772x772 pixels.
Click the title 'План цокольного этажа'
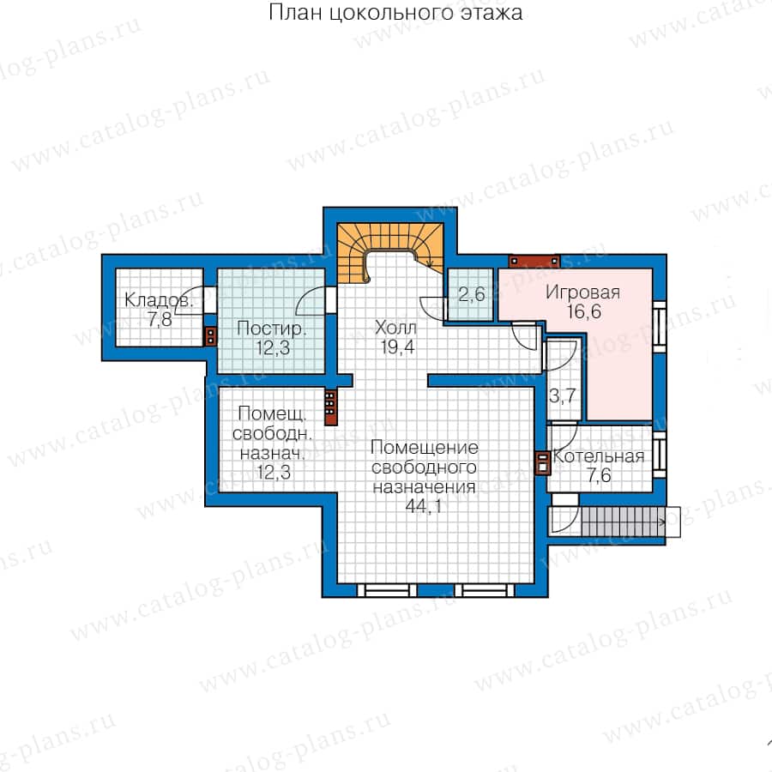coord(395,13)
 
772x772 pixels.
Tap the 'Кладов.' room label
coord(158,300)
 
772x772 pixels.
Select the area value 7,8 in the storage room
coord(160,320)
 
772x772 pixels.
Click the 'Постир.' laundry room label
coord(271,329)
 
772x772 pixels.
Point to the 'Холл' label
coord(395,328)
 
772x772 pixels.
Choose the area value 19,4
coord(397,347)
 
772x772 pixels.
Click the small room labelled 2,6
coord(471,294)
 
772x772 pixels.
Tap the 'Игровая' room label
coord(582,293)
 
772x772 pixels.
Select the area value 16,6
coord(583,311)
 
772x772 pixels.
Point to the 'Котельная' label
coord(598,456)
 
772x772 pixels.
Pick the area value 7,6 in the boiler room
coord(599,475)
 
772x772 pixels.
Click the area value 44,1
coord(424,506)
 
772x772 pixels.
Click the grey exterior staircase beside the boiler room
coord(624,522)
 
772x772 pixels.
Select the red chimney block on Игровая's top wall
coord(534,261)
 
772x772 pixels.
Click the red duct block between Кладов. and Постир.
coord(211,337)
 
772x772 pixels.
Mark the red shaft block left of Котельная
coord(543,463)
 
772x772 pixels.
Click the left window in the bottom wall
coord(387,590)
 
